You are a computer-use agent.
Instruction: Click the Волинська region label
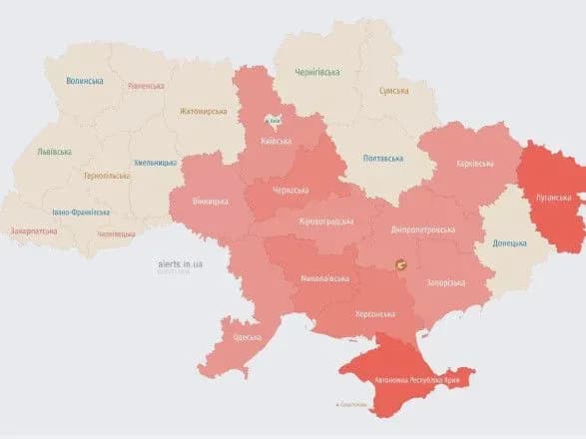click(x=84, y=81)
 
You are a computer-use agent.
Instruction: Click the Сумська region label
click(x=392, y=91)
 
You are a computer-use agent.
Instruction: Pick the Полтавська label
click(x=382, y=158)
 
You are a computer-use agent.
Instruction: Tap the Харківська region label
click(x=471, y=163)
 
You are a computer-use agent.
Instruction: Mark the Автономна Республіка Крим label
click(x=424, y=381)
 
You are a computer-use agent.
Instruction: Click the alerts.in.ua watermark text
click(x=181, y=263)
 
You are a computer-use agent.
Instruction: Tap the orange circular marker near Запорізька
click(x=401, y=264)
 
